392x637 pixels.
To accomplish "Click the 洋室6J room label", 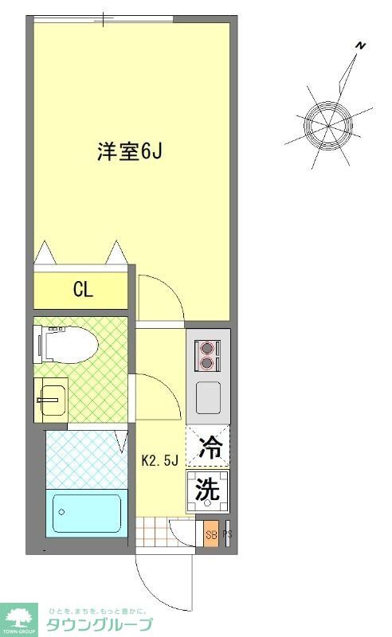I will pyautogui.click(x=130, y=151).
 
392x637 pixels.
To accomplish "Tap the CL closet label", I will pyautogui.click(x=83, y=290).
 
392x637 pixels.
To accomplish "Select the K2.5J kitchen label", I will pyautogui.click(x=163, y=460).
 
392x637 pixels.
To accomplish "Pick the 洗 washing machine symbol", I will pyautogui.click(x=207, y=490).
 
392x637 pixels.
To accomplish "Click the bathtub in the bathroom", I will pyautogui.click(x=86, y=514).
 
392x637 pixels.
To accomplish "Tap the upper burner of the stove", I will pyautogui.click(x=208, y=347).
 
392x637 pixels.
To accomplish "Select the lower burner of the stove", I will pyautogui.click(x=208, y=363).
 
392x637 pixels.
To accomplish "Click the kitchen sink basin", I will pyautogui.click(x=208, y=396).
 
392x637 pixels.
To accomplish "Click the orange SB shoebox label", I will pyautogui.click(x=210, y=535).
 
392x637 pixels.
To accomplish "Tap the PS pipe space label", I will pyautogui.click(x=226, y=535).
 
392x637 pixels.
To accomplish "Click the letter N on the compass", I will pyautogui.click(x=360, y=46).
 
